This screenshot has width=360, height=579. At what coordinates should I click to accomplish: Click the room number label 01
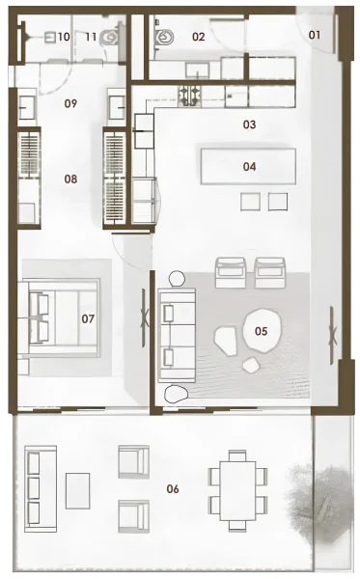click(315, 36)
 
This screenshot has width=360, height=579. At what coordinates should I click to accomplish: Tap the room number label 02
click(199, 37)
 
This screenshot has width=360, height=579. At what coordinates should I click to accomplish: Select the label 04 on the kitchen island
click(249, 166)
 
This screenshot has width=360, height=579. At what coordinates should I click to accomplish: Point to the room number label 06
click(173, 488)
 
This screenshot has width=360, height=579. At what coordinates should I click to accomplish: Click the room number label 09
click(70, 102)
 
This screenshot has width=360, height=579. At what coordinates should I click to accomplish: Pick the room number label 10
click(63, 37)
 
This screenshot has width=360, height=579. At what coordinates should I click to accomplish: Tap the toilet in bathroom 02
click(165, 39)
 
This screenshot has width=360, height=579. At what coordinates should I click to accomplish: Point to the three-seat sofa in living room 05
click(177, 333)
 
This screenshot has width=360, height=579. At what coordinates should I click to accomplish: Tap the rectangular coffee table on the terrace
click(78, 489)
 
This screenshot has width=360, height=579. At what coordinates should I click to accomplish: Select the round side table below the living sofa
click(177, 394)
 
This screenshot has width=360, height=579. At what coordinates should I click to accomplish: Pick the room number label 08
click(70, 179)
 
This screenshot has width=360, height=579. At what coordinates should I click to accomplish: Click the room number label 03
click(249, 124)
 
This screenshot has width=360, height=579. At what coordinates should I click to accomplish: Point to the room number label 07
click(87, 317)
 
